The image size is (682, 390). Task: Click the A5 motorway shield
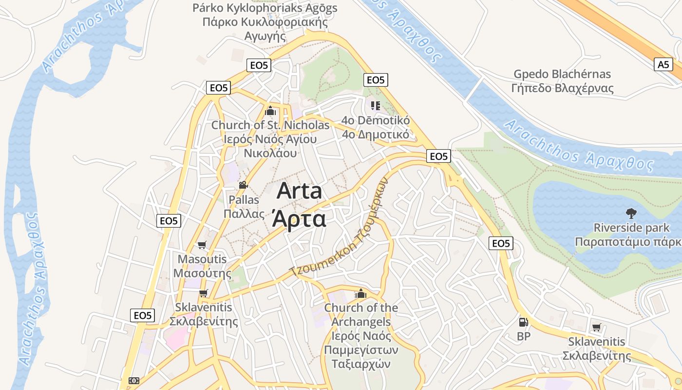point(663,64)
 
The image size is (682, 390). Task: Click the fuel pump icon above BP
point(523,322)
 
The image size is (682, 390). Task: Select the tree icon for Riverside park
point(631,213)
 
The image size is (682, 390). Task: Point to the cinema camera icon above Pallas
point(243,185)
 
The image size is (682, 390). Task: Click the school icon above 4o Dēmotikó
point(375,105)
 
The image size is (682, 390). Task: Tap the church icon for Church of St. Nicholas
point(270,111)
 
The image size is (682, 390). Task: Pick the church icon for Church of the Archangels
point(360,293)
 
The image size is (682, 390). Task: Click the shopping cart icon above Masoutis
point(202,245)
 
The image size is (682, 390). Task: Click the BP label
point(524,336)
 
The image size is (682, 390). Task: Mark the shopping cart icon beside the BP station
point(596,327)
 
